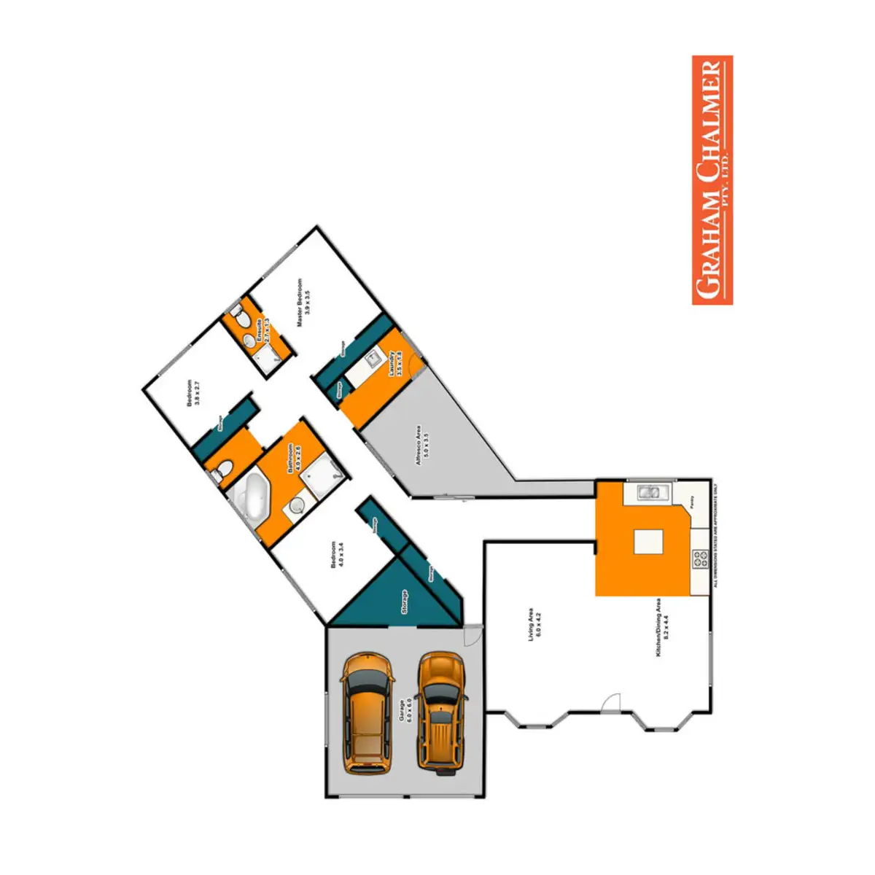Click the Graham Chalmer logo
click(712, 180)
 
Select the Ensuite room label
click(262, 330)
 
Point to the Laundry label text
click(395, 362)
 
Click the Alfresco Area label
click(422, 445)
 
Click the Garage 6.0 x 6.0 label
click(405, 710)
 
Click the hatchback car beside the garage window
click(367, 712)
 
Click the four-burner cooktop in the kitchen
click(701, 560)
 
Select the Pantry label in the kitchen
click(693, 502)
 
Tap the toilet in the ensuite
click(237, 315)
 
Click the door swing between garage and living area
click(472, 635)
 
